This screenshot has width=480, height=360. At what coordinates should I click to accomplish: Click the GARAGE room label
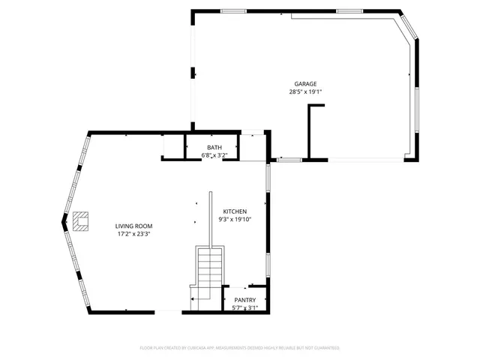[305, 84]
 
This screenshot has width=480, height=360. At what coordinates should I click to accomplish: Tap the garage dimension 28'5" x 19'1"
[305, 91]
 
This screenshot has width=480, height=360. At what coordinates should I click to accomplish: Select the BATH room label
[214, 148]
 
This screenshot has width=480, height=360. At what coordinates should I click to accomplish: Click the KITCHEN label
[235, 212]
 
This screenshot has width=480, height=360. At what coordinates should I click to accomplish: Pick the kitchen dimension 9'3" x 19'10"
[235, 220]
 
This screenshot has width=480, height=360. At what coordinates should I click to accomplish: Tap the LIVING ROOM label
[133, 226]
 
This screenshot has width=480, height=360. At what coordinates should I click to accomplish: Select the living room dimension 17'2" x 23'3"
[133, 234]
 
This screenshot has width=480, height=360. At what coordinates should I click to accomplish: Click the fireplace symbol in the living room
[81, 220]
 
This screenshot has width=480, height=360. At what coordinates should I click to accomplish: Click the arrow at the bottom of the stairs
[193, 298]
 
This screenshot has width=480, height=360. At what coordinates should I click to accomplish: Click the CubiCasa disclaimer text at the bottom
[240, 348]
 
